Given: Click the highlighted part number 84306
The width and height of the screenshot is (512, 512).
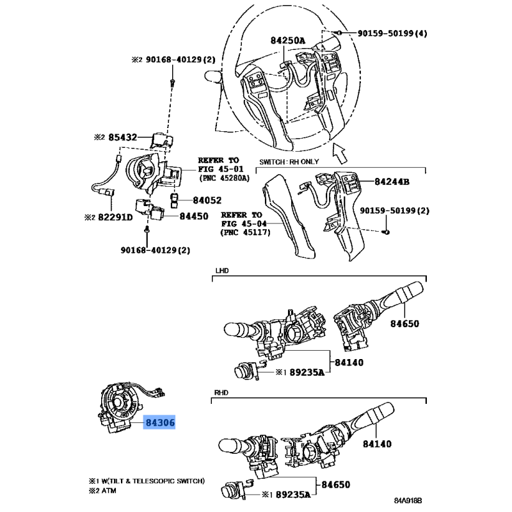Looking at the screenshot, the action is tap(159, 422).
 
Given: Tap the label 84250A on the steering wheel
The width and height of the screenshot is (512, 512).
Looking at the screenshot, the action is tap(287, 40).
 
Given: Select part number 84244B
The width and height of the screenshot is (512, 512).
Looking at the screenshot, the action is tap(392, 182).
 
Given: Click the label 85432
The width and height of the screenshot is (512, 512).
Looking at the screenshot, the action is tap(123, 137).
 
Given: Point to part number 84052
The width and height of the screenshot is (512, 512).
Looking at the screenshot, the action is tap(207, 200).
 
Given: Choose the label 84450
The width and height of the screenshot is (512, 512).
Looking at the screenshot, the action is tap(194, 216).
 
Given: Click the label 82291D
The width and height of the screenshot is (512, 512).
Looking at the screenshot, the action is tap(115, 217).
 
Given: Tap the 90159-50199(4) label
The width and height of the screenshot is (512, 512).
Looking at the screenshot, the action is tap(392, 33).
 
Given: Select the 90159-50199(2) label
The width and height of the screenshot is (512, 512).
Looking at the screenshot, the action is tap(394, 211).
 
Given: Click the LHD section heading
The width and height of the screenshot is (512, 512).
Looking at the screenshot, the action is tap(222, 271).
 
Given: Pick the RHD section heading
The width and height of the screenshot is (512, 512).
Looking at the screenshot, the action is tap(221, 392).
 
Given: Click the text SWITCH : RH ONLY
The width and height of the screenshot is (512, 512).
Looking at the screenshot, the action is tap(289, 162).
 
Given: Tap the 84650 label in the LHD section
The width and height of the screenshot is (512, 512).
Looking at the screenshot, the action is tap(404, 324).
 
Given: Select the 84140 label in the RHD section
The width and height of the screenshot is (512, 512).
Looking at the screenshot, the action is tap(377, 444).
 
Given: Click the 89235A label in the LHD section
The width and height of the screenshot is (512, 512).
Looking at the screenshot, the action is tap(307, 372).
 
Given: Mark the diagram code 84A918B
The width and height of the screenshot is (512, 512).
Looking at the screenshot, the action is tap(408, 500).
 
